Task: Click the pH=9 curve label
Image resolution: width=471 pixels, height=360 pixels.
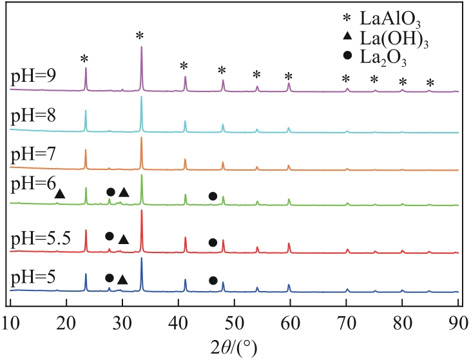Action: [x=33, y=77]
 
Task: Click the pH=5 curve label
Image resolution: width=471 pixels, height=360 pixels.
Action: [x=33, y=278]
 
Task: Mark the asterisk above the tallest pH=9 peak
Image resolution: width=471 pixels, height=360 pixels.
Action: [x=140, y=35]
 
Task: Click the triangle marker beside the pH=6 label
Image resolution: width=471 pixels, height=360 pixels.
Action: [x=60, y=193]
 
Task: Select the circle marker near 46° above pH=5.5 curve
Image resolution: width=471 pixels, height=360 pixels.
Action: [x=213, y=242]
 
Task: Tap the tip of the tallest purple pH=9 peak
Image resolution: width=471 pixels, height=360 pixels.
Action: [x=141, y=46]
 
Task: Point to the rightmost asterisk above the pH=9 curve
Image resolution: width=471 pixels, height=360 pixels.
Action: [x=430, y=82]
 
